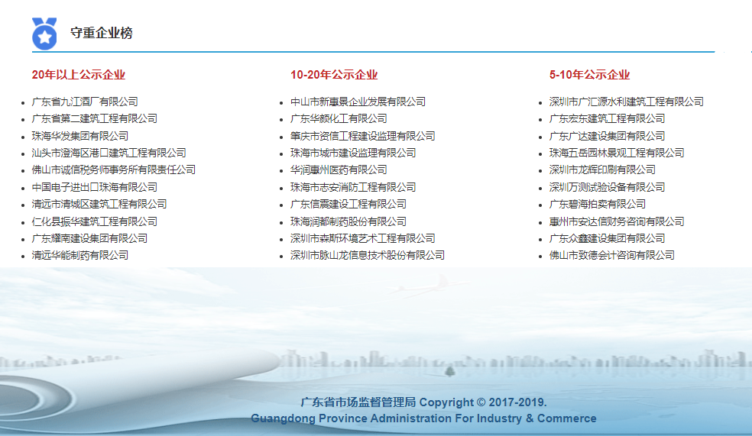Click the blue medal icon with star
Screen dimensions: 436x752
[44, 34]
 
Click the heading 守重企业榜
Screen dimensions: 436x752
[101, 34]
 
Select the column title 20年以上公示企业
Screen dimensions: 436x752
[78, 75]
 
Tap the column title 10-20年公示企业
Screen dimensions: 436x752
[334, 75]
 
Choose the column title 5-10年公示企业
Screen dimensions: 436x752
[589, 75]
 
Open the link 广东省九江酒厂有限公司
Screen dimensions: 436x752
[85, 102]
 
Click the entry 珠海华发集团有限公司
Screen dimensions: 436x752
[80, 136]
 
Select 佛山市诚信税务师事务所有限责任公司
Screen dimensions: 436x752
[114, 170]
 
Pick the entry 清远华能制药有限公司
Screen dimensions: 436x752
[80, 255]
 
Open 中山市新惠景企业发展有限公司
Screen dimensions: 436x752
[358, 102]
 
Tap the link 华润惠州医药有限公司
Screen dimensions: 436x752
[339, 170]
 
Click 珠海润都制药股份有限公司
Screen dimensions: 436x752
[348, 221]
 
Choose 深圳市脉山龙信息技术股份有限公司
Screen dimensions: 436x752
[368, 255]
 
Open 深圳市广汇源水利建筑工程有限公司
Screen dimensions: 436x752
[627, 102]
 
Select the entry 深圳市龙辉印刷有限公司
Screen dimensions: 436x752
[602, 170]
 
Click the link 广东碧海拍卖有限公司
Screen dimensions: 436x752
[598, 204]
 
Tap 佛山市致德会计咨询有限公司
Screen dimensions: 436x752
[612, 255]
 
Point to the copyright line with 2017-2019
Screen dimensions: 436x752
[423, 402]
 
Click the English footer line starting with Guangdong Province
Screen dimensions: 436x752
[423, 418]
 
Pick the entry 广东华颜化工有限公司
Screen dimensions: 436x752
[339, 118]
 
